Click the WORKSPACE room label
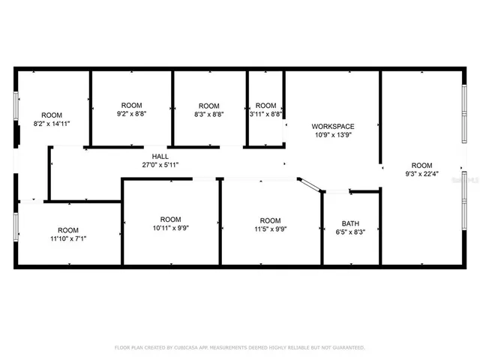click(x=333, y=126)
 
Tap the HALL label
click(x=160, y=156)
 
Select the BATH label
click(x=350, y=223)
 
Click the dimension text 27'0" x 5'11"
click(x=160, y=164)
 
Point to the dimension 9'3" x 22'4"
click(x=421, y=174)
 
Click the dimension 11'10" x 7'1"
click(x=68, y=239)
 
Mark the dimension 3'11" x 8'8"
click(x=266, y=114)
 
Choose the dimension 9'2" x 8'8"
click(x=131, y=114)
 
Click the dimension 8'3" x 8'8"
click(x=209, y=114)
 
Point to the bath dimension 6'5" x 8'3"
click(x=350, y=232)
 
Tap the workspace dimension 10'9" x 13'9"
click(x=333, y=135)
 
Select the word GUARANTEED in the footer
click(x=348, y=347)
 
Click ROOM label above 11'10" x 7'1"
click(x=68, y=230)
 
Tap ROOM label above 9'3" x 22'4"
click(x=421, y=165)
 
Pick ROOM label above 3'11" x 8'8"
click(x=266, y=105)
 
